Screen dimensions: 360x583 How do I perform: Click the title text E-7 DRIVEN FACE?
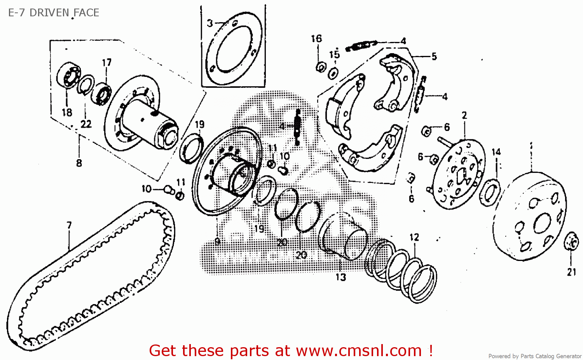click(54, 13)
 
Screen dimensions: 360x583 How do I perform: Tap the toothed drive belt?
click(43, 295)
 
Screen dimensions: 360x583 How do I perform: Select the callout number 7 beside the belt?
click(69, 226)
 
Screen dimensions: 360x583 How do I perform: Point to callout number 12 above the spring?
click(414, 237)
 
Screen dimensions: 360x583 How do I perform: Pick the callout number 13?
click(340, 277)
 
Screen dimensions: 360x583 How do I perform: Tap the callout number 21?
click(571, 272)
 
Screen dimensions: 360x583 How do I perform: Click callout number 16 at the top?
click(316, 38)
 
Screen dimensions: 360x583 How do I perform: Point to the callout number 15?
click(334, 54)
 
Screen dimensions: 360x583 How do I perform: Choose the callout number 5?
click(434, 57)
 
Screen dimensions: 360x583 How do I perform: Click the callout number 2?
click(464, 115)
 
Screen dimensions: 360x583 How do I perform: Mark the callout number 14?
click(496, 152)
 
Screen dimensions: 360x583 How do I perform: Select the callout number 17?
click(106, 63)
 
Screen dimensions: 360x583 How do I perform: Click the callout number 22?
click(86, 124)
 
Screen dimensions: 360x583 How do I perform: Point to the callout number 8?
click(79, 163)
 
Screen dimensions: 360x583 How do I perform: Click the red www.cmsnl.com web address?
click(359, 351)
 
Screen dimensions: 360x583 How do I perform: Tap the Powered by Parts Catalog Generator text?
click(535, 356)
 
